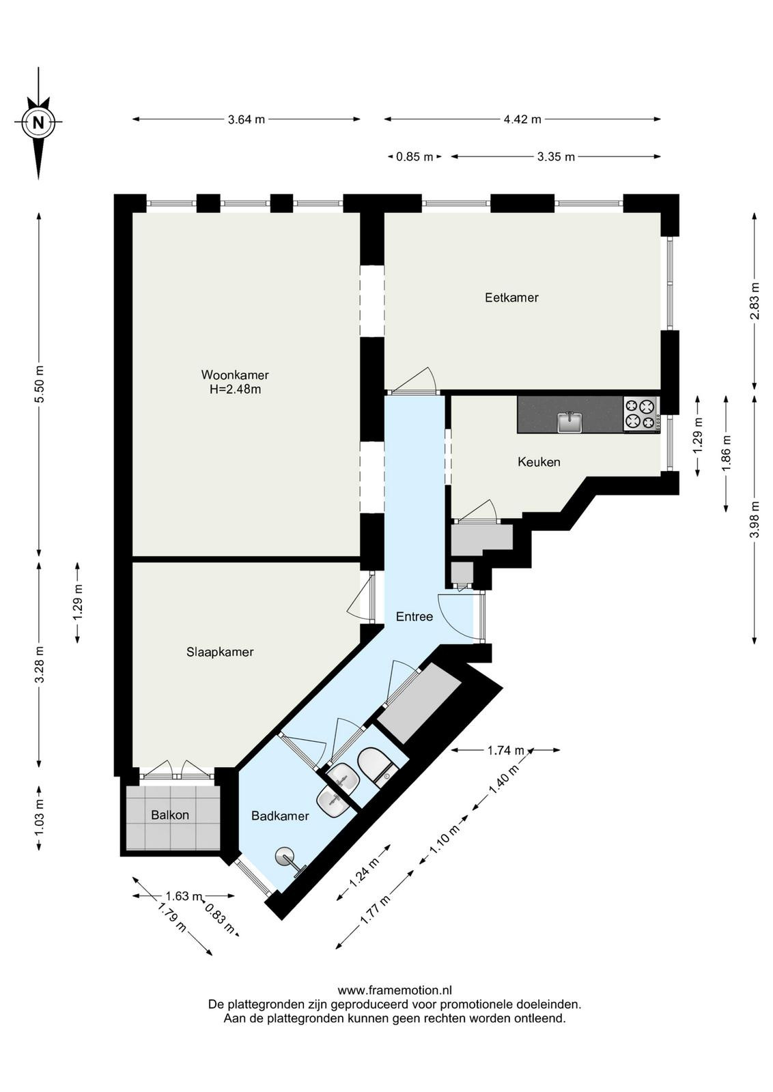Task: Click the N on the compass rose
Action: [38, 122]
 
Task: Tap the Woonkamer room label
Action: [235, 375]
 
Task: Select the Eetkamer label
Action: [511, 298]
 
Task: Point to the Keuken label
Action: [539, 461]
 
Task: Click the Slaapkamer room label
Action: [220, 652]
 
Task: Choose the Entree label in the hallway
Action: [414, 617]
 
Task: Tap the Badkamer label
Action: [281, 816]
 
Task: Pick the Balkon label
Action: [170, 815]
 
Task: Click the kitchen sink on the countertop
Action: [570, 422]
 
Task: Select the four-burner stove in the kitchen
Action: [641, 414]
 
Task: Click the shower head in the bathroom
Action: [286, 857]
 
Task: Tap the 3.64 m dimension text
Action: [247, 119]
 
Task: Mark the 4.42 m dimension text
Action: [523, 119]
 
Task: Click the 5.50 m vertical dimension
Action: [40, 384]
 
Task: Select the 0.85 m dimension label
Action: [414, 157]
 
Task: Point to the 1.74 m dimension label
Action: [506, 750]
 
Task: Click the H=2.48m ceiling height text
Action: [235, 390]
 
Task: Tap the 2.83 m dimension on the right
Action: [755, 301]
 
